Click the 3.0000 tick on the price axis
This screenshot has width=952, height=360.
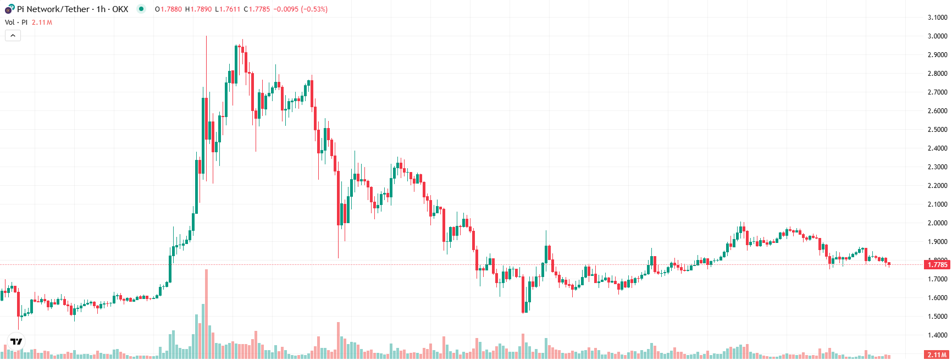[x=937, y=36]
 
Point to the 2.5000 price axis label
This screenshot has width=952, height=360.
[x=937, y=130]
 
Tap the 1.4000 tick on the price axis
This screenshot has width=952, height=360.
[x=937, y=335]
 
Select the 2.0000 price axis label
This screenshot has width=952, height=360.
[x=937, y=223]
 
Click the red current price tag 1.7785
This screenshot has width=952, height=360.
[x=937, y=265]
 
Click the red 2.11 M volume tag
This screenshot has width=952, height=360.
[x=937, y=355]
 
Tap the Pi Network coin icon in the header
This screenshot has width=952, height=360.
[x=9, y=9]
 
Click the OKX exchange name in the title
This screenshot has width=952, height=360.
[x=120, y=9]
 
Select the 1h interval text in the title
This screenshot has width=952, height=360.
[x=101, y=9]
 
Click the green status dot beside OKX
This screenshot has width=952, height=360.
[x=141, y=9]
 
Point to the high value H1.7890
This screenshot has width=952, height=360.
[x=198, y=9]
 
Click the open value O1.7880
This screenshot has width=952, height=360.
[x=168, y=9]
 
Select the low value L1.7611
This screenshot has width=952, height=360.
[x=228, y=9]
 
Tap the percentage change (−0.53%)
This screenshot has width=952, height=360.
[x=314, y=9]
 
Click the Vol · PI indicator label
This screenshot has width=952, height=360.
[x=16, y=23]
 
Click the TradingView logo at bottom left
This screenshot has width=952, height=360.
[x=16, y=341]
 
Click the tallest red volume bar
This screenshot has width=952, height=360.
[x=206, y=313]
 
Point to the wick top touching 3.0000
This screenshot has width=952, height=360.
[x=206, y=37]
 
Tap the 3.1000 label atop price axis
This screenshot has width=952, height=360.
[x=937, y=18]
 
